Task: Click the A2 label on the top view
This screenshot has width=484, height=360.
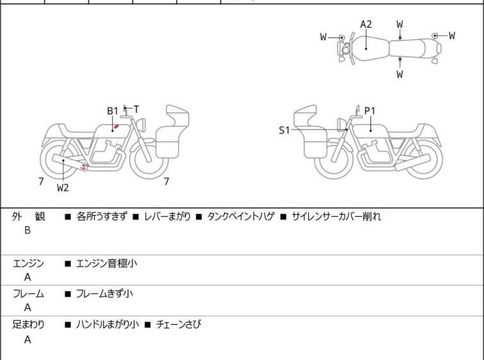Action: pos(366,24)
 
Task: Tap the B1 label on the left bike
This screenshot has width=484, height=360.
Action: pos(112,110)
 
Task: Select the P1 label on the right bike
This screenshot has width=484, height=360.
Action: pos(369,110)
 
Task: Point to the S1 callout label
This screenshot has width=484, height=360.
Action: pos(284,130)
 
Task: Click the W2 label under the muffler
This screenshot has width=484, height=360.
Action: pos(63,187)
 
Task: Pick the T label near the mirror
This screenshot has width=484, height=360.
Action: pos(136,109)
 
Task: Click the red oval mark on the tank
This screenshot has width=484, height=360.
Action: pos(117,126)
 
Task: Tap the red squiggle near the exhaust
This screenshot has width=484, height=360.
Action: pos(83,167)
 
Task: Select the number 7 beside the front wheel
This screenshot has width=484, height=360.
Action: pos(167,182)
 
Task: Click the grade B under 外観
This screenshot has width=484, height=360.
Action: pos(28,230)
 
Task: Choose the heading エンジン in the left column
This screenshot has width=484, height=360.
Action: pos(28,264)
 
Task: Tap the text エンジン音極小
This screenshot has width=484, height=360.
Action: pos(106,264)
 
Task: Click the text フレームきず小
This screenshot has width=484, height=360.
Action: pos(104,293)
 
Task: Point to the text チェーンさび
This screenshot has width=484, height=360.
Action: pos(179,325)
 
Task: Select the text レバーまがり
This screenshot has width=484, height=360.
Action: pos(167,216)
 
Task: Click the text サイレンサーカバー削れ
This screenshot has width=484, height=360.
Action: pos(337,216)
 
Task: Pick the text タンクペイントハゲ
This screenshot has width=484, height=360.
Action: pos(241,216)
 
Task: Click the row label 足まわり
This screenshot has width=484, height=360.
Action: pos(28,325)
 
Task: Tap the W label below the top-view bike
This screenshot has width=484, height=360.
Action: pos(400,74)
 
